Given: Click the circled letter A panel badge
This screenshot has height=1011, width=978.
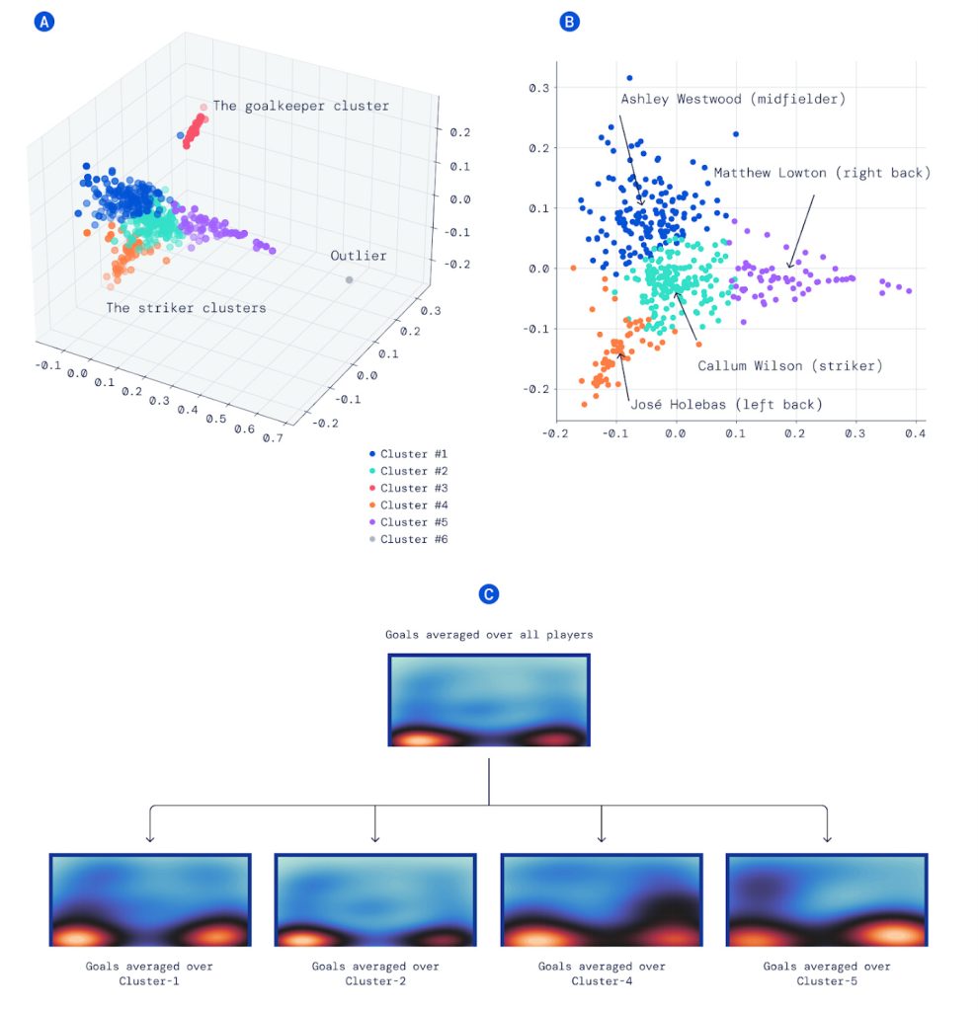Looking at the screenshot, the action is [x=43, y=22].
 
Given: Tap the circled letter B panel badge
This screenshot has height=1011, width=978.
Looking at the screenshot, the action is [x=569, y=22].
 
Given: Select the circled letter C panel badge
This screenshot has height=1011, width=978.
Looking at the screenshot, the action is [x=489, y=593].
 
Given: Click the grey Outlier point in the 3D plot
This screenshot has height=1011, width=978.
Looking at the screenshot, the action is [x=349, y=279].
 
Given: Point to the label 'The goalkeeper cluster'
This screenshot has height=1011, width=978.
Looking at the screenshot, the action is [x=300, y=106].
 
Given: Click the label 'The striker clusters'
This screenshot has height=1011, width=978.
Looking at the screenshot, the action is [x=186, y=308].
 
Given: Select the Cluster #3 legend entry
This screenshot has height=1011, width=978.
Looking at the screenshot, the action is [x=408, y=488].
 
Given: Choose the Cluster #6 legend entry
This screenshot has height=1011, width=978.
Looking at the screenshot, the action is [x=408, y=539].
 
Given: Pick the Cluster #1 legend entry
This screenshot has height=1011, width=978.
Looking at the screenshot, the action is [x=408, y=454].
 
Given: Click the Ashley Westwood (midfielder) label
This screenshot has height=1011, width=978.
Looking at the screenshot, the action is [x=733, y=99].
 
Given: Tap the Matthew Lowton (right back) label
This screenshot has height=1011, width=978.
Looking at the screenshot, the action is [x=822, y=173].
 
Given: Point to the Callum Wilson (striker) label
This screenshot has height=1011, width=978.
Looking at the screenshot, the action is [x=789, y=365].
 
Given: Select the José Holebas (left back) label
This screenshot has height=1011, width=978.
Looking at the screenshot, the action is [x=726, y=404].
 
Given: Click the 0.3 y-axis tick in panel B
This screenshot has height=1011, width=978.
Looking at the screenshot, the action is [x=538, y=88].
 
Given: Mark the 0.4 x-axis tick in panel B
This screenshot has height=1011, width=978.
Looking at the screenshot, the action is [x=915, y=433].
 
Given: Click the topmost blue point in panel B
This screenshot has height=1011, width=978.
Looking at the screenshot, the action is [x=629, y=78].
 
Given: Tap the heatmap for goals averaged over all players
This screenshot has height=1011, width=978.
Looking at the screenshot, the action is [x=489, y=700].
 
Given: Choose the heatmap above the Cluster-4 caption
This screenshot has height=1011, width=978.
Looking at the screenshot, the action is [x=602, y=900].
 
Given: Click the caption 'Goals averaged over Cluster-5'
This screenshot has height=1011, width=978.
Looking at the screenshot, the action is [x=827, y=973].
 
